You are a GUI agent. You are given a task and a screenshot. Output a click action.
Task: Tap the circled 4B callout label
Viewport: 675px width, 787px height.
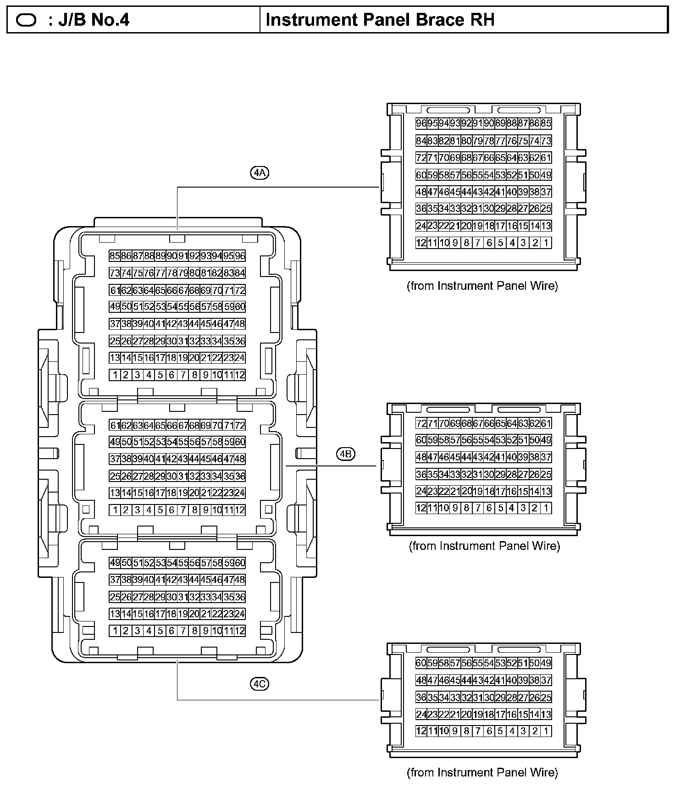(346, 454)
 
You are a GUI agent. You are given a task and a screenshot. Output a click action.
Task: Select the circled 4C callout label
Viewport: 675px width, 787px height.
(260, 684)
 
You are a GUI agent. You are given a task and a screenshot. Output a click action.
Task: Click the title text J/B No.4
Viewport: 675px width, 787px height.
(94, 20)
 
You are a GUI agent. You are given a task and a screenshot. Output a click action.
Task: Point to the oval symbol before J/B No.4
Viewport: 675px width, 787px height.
(26, 21)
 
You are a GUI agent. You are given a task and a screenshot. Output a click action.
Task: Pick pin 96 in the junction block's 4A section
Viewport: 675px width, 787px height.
(240, 256)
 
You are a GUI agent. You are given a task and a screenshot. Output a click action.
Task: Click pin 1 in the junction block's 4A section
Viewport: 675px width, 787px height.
(115, 375)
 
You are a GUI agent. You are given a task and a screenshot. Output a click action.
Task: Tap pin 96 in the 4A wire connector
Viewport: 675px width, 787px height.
(421, 123)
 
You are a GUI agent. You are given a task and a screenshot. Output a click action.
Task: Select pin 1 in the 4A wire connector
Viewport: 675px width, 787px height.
(546, 243)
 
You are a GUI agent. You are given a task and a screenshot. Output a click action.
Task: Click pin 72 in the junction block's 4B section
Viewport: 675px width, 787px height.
(240, 425)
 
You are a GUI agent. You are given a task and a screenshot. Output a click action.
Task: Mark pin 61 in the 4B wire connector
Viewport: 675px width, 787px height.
(546, 423)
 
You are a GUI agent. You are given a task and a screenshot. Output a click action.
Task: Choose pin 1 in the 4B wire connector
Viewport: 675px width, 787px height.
(546, 508)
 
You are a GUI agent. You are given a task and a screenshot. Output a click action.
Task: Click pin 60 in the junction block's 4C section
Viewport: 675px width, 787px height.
(240, 563)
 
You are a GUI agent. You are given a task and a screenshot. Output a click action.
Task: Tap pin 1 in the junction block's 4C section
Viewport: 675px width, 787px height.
(115, 631)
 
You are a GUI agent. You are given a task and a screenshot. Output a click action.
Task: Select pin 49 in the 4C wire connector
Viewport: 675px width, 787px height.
(546, 663)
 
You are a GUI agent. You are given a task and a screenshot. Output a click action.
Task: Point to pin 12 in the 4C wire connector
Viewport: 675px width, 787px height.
(421, 731)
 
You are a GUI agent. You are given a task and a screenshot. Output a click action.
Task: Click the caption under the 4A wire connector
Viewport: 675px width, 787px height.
(482, 286)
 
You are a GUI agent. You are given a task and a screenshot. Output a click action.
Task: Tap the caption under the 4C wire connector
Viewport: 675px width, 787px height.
(482, 773)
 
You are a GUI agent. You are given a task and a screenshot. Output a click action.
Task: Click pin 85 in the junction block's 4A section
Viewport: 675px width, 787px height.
(115, 256)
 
